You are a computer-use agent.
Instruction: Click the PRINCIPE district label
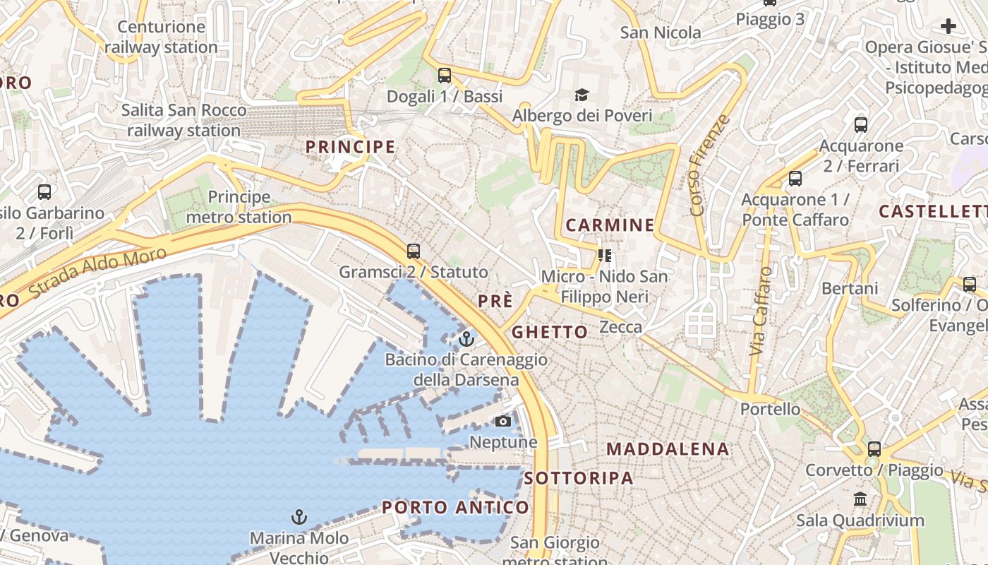[350, 147]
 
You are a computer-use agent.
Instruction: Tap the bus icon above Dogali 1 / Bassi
[445, 75]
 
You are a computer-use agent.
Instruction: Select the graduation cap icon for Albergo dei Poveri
[582, 95]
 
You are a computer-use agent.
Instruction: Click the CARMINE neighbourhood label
[610, 225]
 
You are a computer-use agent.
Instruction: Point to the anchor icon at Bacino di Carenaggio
[466, 340]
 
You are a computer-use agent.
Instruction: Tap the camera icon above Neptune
[502, 422]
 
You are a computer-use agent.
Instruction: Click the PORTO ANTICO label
[455, 507]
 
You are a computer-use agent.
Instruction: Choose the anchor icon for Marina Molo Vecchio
[299, 517]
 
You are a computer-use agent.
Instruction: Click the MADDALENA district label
[668, 449]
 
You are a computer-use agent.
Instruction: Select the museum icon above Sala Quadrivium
[860, 499]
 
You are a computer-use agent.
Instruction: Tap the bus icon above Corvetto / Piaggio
[874, 448]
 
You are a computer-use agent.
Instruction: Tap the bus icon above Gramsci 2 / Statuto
[414, 251]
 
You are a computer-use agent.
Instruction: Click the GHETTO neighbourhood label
[550, 332]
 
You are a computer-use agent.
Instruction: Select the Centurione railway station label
[162, 37]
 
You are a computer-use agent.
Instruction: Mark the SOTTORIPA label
[579, 478]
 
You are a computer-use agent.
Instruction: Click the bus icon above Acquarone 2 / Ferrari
[861, 125]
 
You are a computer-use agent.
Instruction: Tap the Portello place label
[770, 409]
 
